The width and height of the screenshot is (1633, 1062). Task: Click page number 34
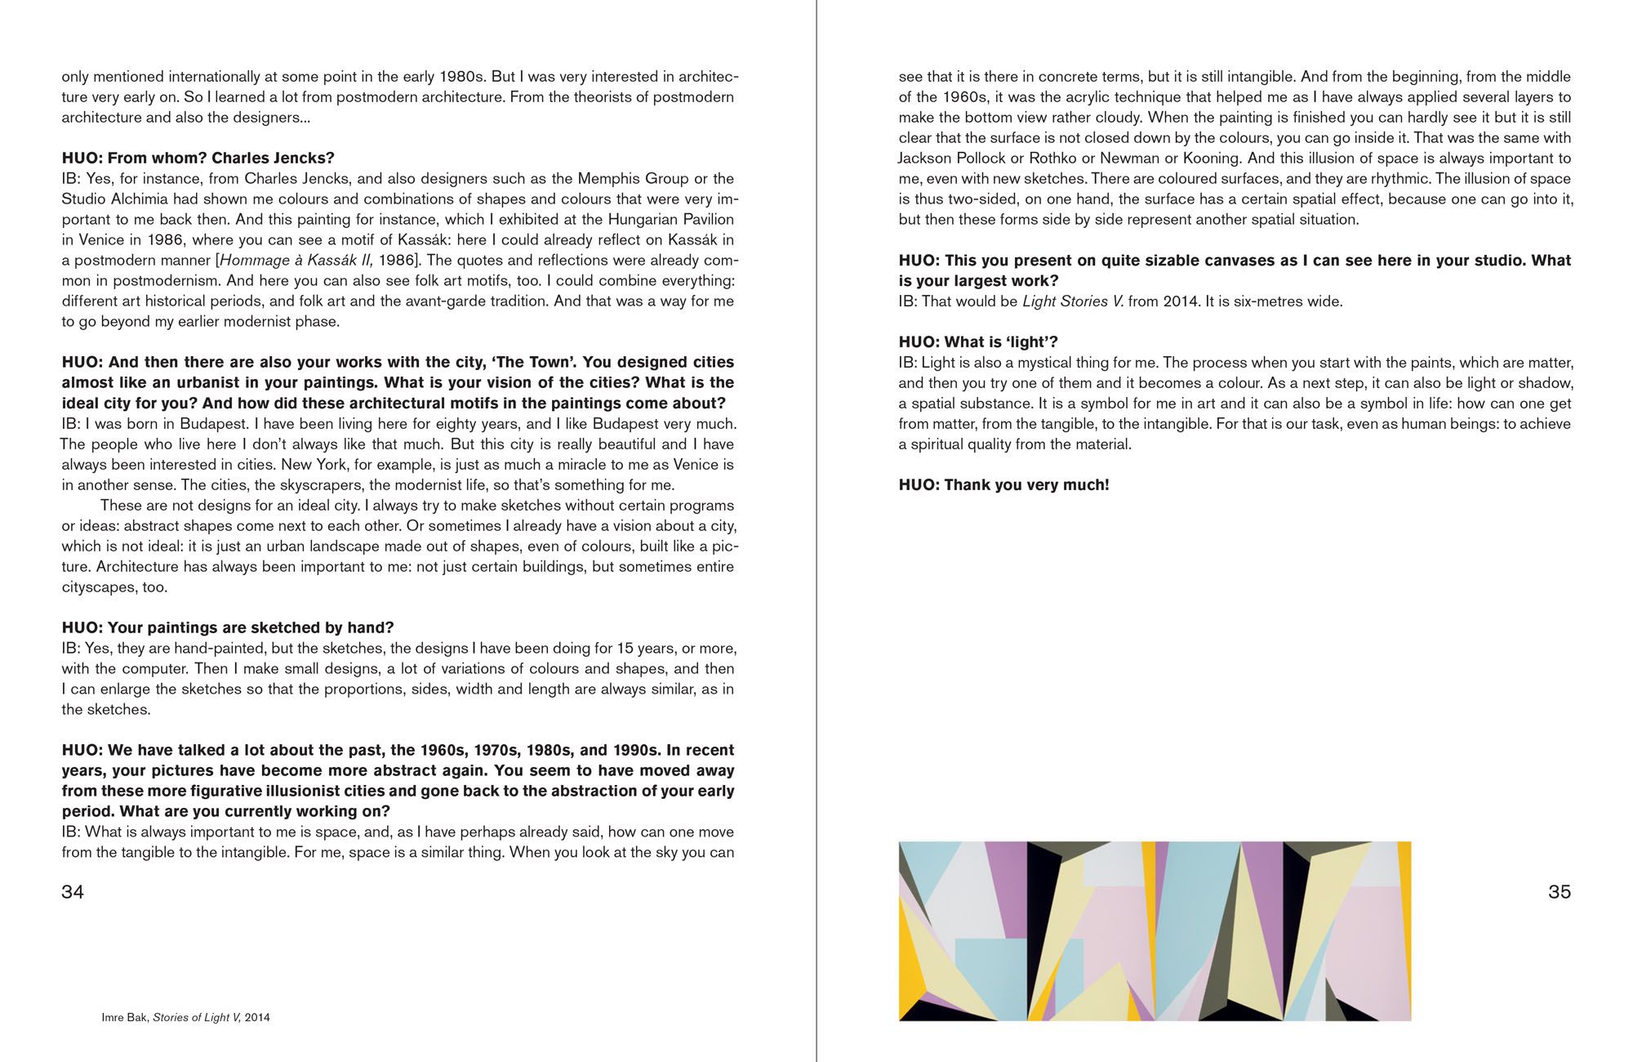pyautogui.click(x=73, y=892)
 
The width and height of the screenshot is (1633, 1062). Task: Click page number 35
pyautogui.click(x=1559, y=892)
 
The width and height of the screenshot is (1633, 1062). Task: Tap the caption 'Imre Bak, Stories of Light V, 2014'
pyautogui.click(x=185, y=1018)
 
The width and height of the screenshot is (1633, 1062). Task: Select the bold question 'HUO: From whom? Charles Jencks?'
pyautogui.click(x=198, y=158)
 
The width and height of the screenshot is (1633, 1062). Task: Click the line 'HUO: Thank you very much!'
pyautogui.click(x=1003, y=485)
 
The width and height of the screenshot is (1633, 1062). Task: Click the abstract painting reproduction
pyautogui.click(x=1155, y=931)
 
